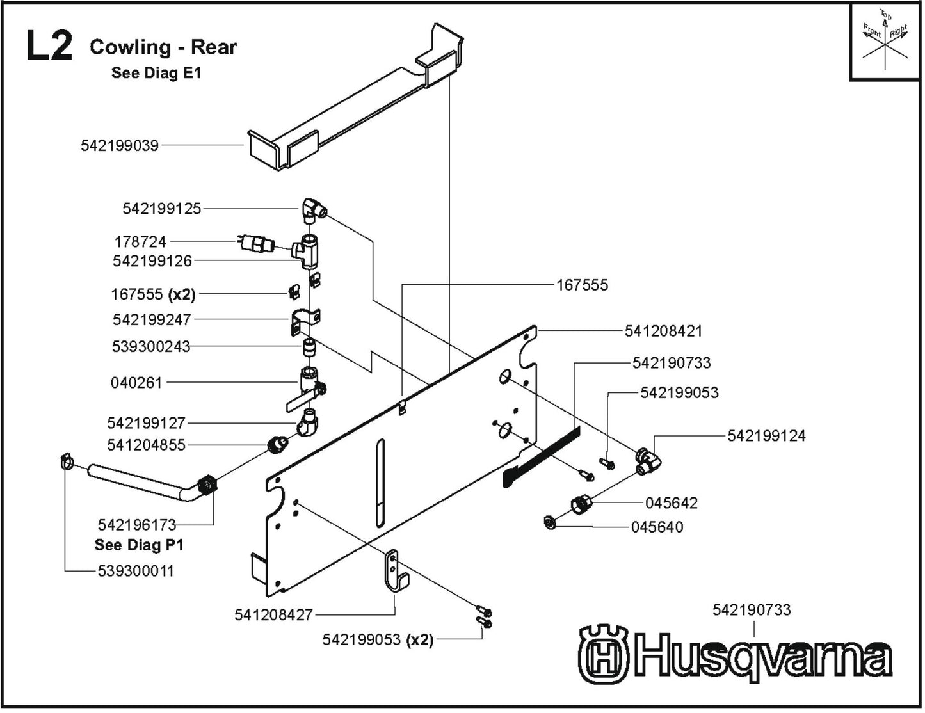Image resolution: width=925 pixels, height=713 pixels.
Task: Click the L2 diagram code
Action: (x=49, y=47)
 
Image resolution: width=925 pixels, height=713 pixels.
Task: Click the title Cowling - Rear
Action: (x=163, y=47)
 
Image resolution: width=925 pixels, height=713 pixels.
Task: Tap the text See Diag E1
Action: (x=156, y=73)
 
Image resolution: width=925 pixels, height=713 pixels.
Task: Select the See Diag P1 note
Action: (x=139, y=545)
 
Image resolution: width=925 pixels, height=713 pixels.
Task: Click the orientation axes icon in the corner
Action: (x=885, y=42)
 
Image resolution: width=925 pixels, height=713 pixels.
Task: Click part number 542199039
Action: (x=120, y=146)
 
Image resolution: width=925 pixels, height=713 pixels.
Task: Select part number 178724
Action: (x=140, y=242)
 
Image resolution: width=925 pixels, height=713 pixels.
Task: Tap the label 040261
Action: (x=136, y=383)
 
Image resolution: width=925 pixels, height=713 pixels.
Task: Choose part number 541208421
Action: (x=663, y=331)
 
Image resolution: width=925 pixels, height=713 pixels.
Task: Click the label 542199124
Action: (x=766, y=436)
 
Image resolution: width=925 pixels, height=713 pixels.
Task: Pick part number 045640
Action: (x=657, y=527)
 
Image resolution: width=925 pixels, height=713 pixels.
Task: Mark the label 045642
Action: (x=671, y=503)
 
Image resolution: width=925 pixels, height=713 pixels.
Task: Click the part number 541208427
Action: (x=273, y=615)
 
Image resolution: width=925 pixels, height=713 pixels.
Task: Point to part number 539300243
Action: (x=151, y=347)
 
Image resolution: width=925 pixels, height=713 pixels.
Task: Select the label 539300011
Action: (x=136, y=571)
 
